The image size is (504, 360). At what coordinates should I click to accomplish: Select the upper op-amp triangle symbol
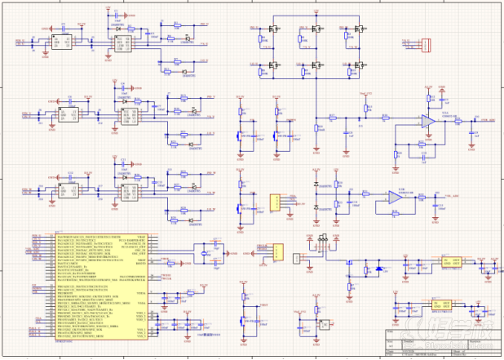(x=427, y=121)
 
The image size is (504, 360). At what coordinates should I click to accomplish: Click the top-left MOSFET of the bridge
(x=272, y=29)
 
